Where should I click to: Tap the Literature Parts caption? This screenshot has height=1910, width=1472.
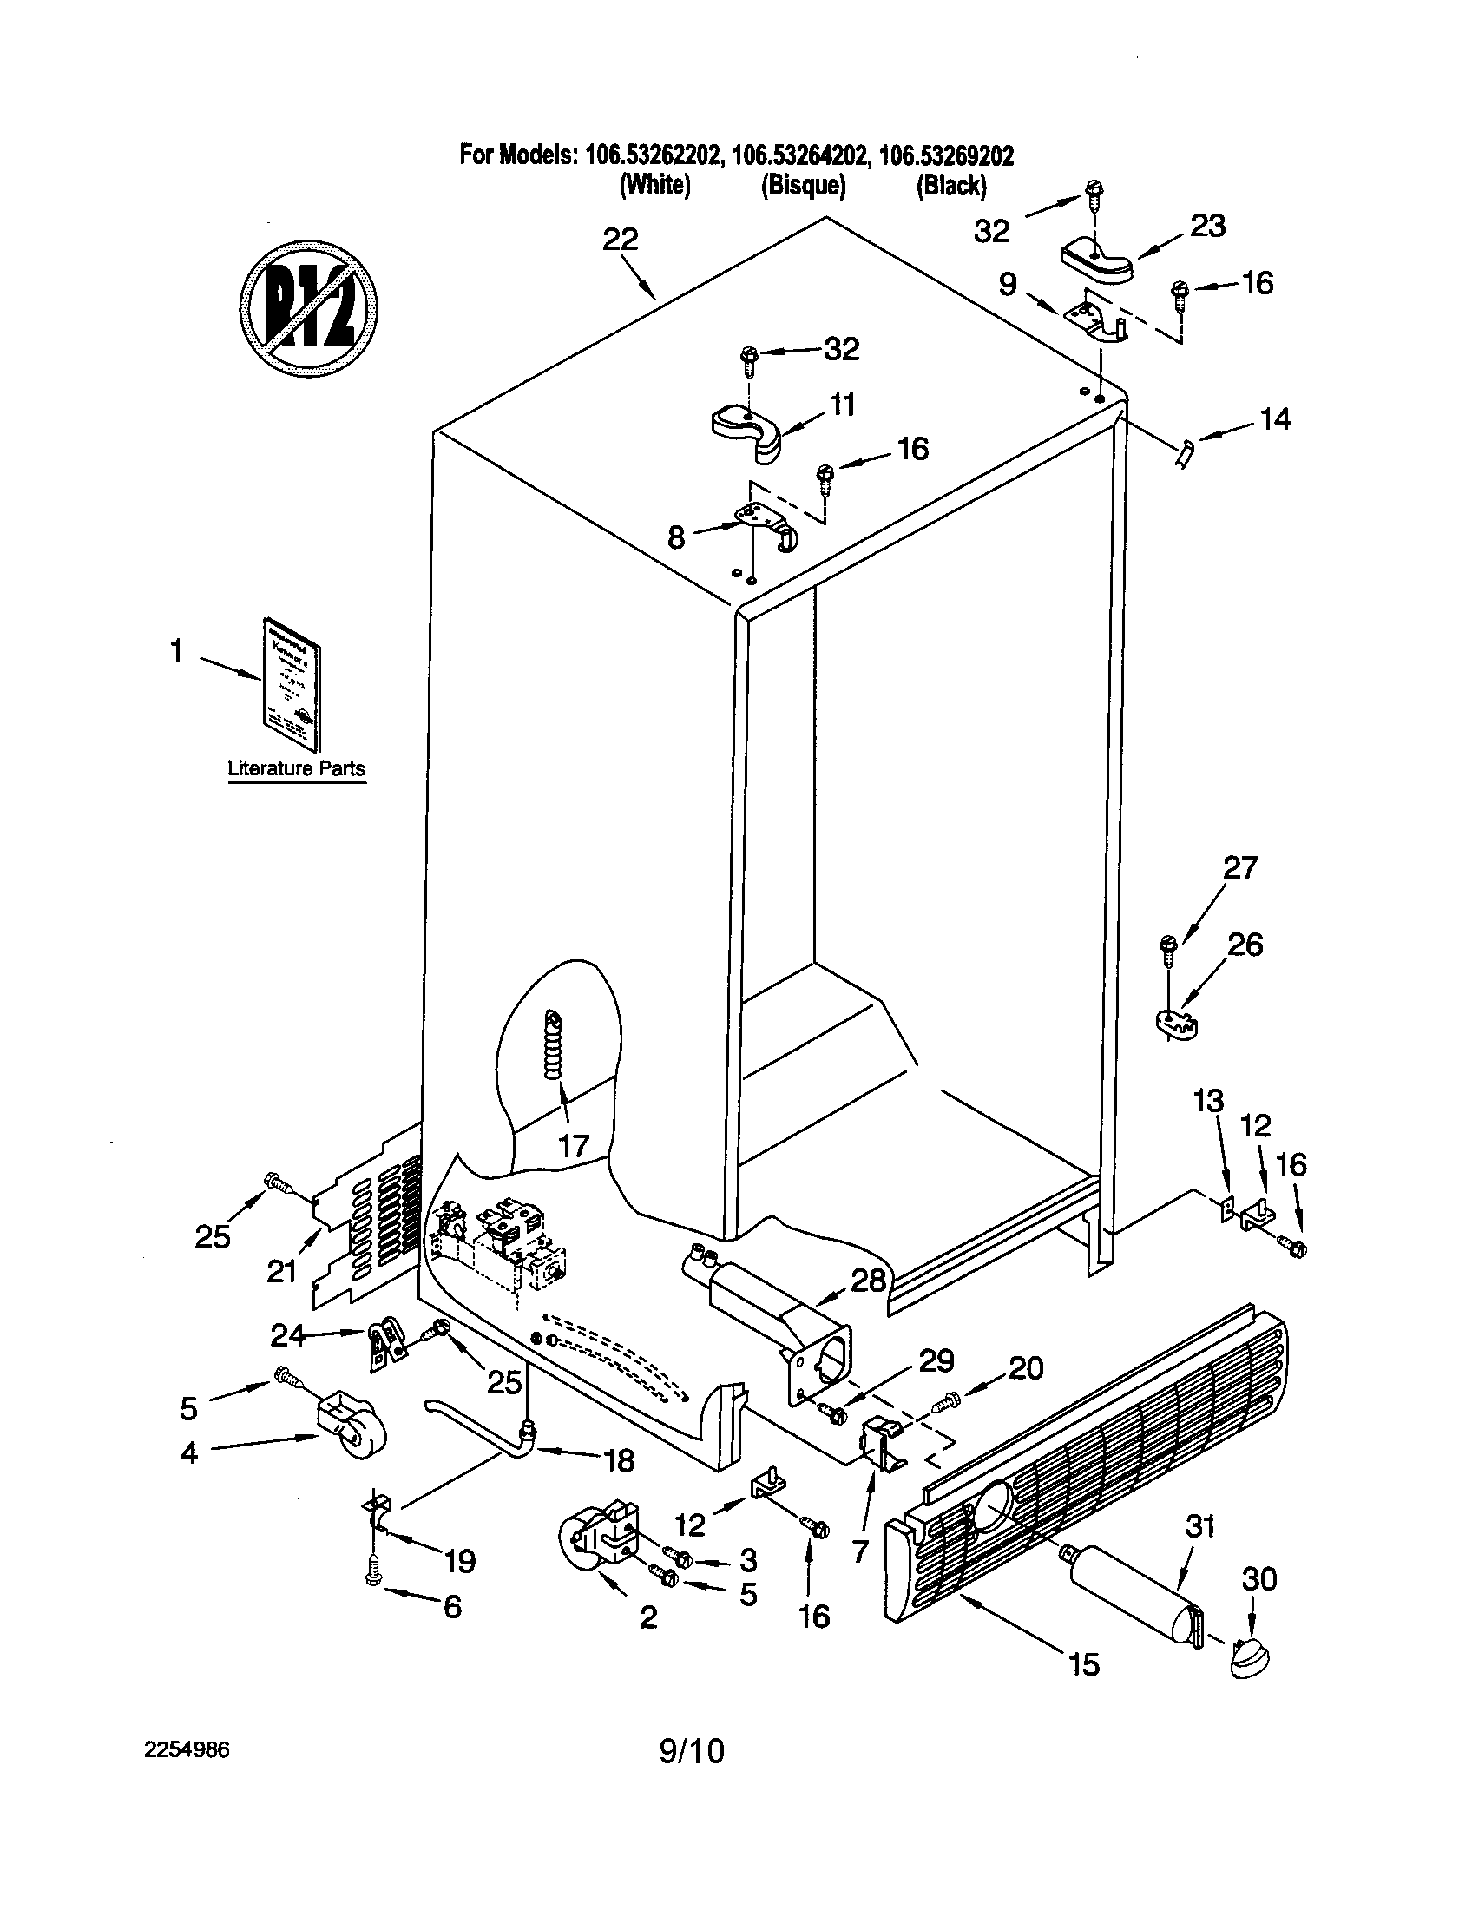[296, 768]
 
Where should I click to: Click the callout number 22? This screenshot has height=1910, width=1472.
[621, 240]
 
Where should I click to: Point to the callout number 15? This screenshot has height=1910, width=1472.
[1084, 1664]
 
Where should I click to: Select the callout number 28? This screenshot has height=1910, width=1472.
[868, 1281]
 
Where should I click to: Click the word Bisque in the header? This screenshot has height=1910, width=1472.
[804, 186]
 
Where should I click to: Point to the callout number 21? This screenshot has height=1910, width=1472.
[282, 1272]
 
